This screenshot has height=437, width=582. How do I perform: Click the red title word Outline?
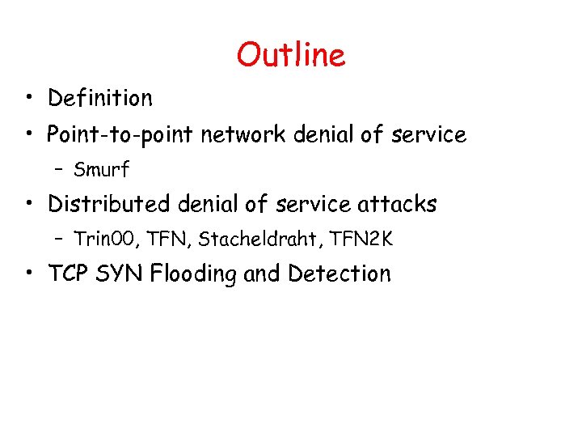pyautogui.click(x=291, y=55)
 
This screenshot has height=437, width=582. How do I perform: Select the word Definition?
pyautogui.click(x=99, y=99)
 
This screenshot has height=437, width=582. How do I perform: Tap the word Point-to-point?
pyautogui.click(x=120, y=134)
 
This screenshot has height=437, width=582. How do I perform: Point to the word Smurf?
pyautogui.click(x=101, y=170)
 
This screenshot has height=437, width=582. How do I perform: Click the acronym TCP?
pyautogui.click(x=69, y=274)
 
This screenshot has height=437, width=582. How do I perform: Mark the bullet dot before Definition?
pyautogui.click(x=28, y=100)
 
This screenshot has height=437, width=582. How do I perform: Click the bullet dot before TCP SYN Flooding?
pyautogui.click(x=28, y=274)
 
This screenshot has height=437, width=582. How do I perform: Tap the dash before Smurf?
pyautogui.click(x=60, y=171)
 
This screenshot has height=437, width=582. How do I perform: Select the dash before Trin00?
pyautogui.click(x=60, y=240)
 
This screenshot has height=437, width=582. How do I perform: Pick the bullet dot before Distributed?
pyautogui.click(x=28, y=205)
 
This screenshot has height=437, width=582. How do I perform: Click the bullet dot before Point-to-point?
pyautogui.click(x=28, y=134)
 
